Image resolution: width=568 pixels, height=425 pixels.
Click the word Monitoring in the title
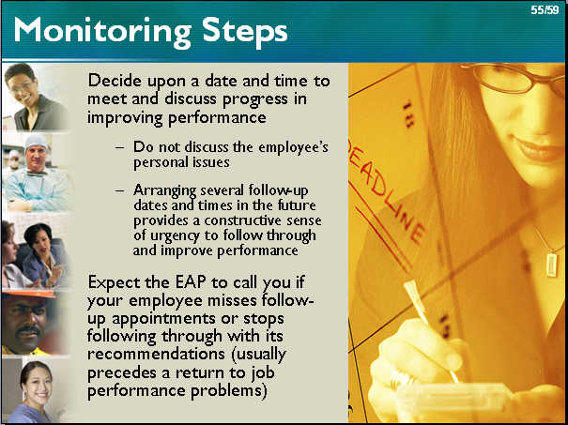coord(102,32)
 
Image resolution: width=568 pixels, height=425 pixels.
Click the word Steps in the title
coord(245,32)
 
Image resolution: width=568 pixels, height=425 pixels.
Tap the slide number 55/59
coord(545,10)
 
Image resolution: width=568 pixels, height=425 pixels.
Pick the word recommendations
coord(156,354)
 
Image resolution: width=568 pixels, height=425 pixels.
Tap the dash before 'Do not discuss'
coord(119,148)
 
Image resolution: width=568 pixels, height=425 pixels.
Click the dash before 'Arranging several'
coord(119,190)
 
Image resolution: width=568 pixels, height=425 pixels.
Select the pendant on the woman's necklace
coord(551,265)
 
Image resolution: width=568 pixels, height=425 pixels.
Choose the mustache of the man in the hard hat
coord(28,329)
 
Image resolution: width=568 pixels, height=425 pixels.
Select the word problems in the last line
coord(229,391)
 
